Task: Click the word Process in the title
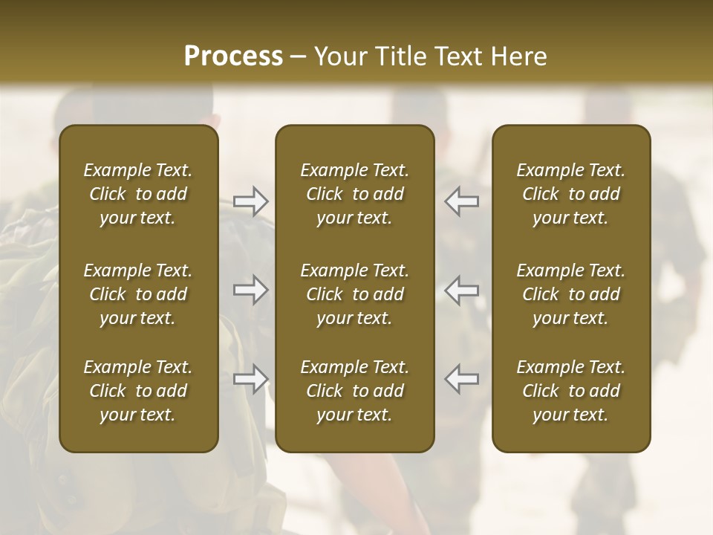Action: (233, 56)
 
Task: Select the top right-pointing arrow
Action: (250, 201)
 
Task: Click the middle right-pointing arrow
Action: (250, 290)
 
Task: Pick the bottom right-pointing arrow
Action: (250, 379)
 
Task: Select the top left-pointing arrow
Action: (462, 201)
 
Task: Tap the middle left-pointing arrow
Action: (462, 290)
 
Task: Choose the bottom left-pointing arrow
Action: (462, 379)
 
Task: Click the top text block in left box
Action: (138, 194)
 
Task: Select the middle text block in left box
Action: (138, 294)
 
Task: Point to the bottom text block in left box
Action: (138, 391)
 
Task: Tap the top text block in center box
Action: (354, 194)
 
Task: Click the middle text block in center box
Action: (354, 294)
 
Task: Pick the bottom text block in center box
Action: (354, 391)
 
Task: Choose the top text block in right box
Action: (570, 194)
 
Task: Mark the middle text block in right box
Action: (570, 294)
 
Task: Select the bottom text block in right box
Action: (570, 391)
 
